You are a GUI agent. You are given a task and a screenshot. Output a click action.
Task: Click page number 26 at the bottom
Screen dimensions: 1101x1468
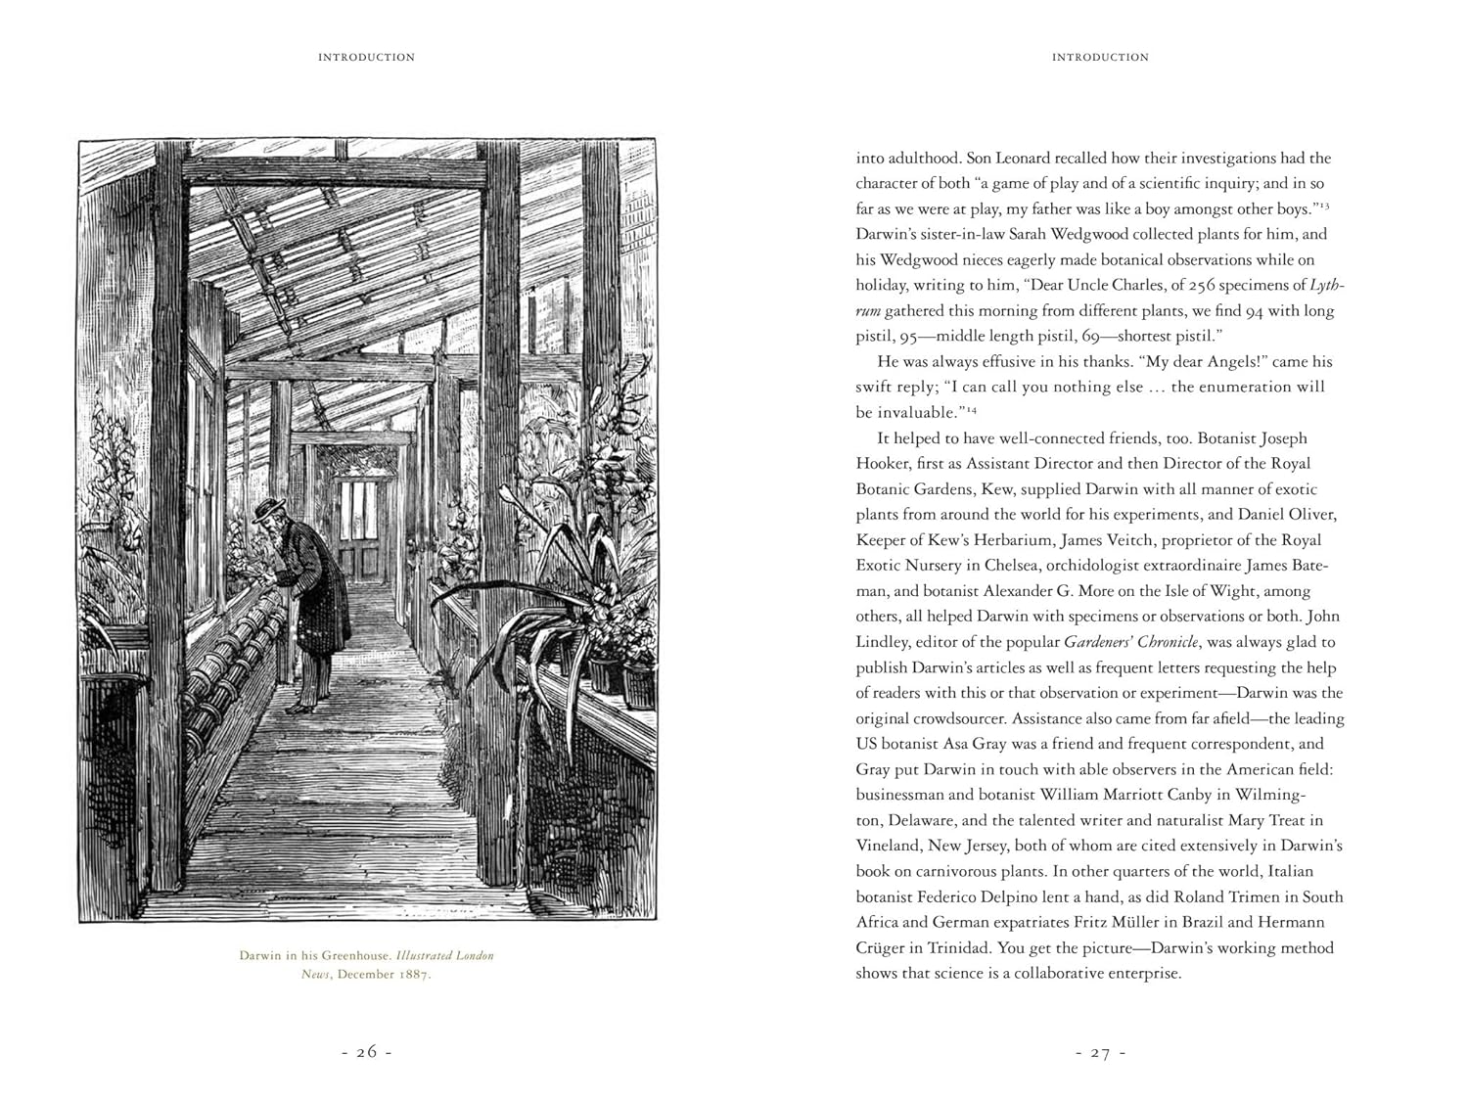366,1053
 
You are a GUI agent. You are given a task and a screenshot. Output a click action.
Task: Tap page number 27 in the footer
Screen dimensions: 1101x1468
1100,1053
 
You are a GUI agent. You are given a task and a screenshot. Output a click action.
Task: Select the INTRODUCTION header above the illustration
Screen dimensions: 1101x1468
366,58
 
